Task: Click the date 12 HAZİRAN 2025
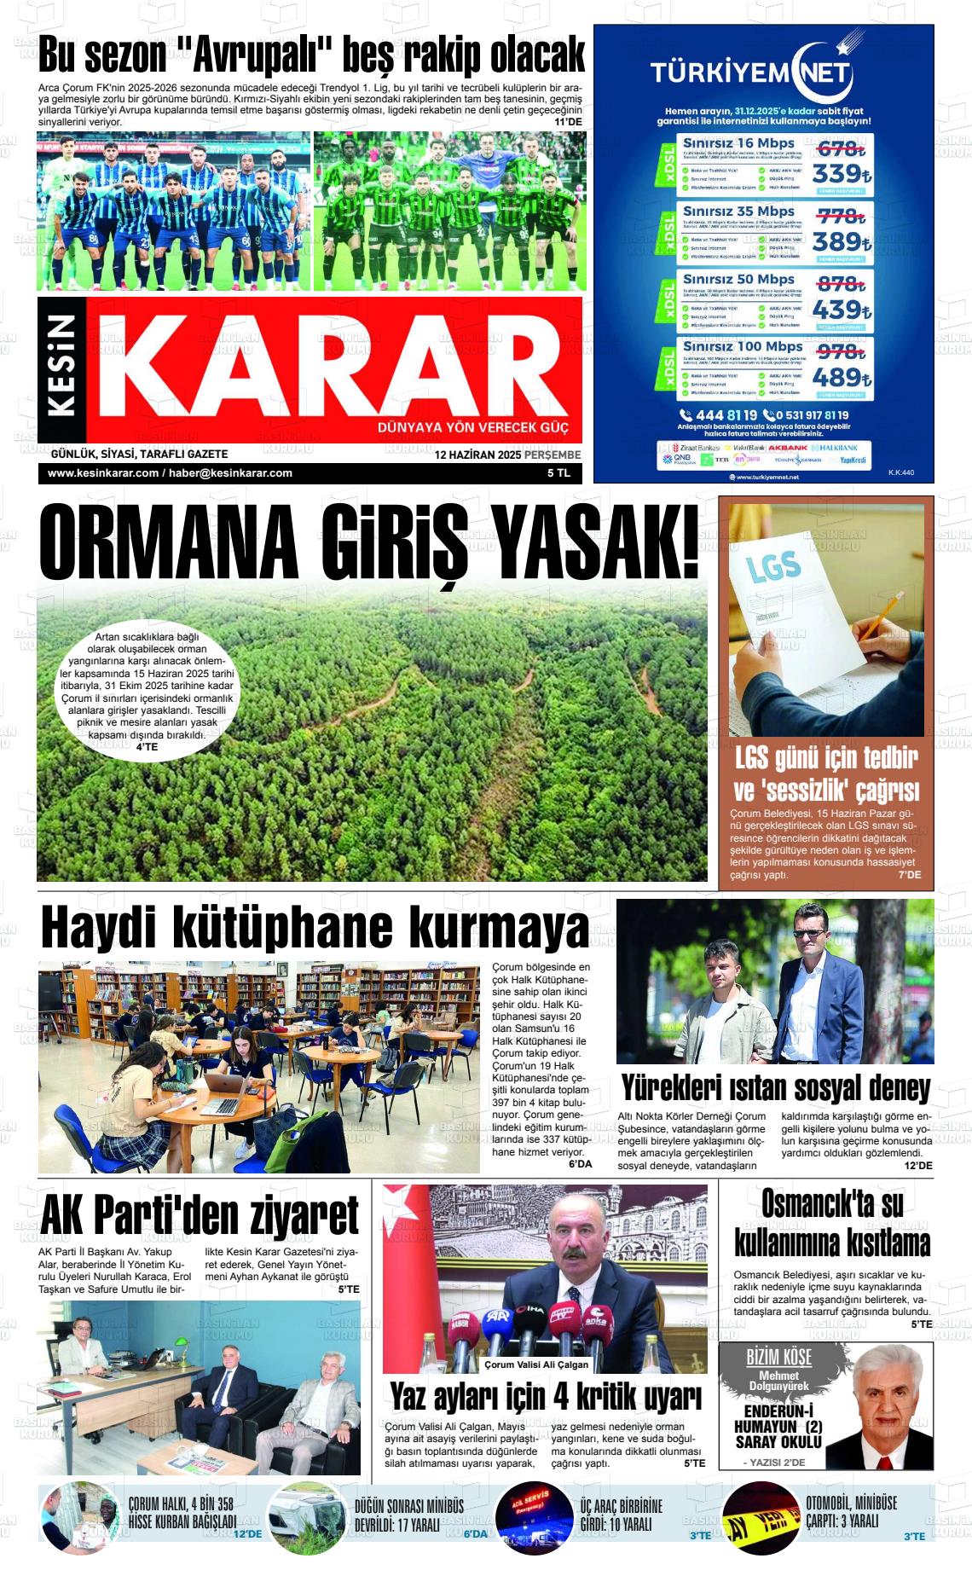(477, 455)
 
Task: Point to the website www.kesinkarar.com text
(103, 473)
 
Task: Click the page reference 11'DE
(568, 123)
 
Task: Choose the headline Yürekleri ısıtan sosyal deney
(775, 1088)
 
